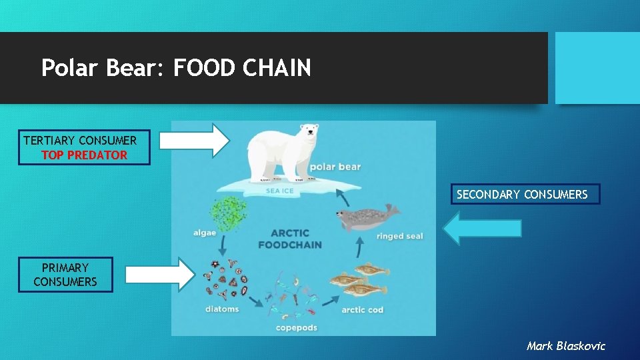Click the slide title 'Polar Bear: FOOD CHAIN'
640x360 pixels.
(x=176, y=67)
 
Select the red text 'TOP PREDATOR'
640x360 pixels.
(x=84, y=155)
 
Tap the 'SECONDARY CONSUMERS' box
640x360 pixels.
(x=525, y=194)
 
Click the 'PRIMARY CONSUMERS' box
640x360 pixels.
(x=65, y=275)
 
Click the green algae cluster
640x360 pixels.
(x=229, y=213)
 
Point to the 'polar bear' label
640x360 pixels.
(x=335, y=167)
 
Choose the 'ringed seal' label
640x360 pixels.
(x=399, y=236)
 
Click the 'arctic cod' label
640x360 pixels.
(x=362, y=310)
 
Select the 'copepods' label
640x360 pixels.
(x=297, y=327)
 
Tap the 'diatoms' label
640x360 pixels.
(x=222, y=309)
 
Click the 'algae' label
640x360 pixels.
(x=205, y=233)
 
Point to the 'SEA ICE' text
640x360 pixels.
(x=279, y=191)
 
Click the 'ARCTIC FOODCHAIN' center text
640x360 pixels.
(x=290, y=239)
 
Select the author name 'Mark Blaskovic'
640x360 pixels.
(x=566, y=345)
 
